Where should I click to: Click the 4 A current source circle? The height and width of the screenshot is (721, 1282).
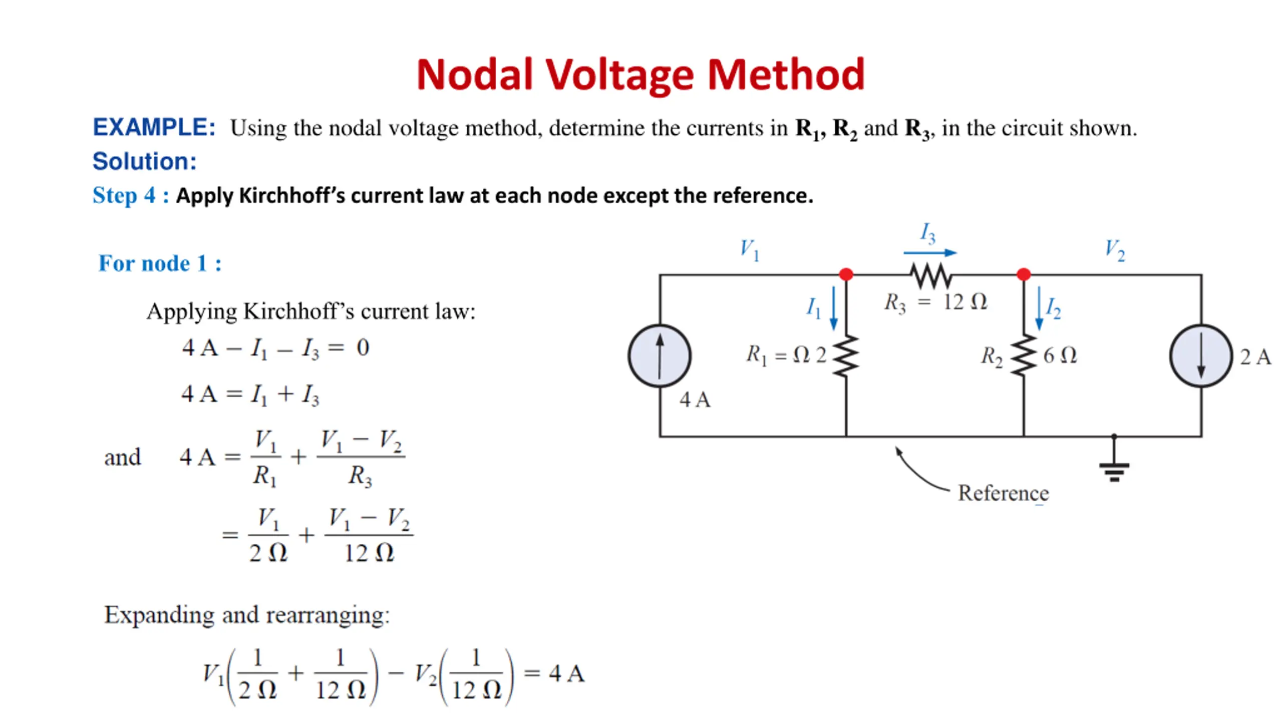click(x=660, y=356)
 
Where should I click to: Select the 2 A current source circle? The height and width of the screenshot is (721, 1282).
click(x=1201, y=356)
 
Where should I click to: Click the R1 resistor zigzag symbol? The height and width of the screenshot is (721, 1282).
click(x=846, y=355)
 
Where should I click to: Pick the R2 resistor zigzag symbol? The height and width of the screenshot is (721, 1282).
click(x=1024, y=355)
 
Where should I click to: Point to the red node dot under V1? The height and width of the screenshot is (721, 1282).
click(x=846, y=274)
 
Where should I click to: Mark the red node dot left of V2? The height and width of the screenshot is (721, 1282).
click(x=1024, y=274)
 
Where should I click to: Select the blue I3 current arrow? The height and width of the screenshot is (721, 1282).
click(x=930, y=253)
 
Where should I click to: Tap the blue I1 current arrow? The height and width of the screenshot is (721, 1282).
click(x=834, y=308)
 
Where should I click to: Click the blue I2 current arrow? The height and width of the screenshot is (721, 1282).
click(x=1039, y=308)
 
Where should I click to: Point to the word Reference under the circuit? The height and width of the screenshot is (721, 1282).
click(x=1004, y=493)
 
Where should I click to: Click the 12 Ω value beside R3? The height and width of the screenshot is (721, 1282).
click(x=965, y=302)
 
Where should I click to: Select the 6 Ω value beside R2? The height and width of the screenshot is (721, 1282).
click(x=1060, y=355)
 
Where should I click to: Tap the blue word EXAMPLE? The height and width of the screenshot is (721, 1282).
click(x=154, y=127)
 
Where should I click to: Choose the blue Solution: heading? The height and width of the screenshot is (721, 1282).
click(x=145, y=161)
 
